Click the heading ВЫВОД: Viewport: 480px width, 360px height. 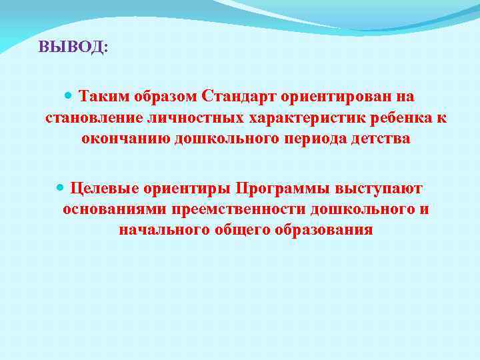click(x=72, y=47)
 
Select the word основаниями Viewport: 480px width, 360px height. click(x=115, y=209)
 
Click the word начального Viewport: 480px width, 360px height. click(x=159, y=231)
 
